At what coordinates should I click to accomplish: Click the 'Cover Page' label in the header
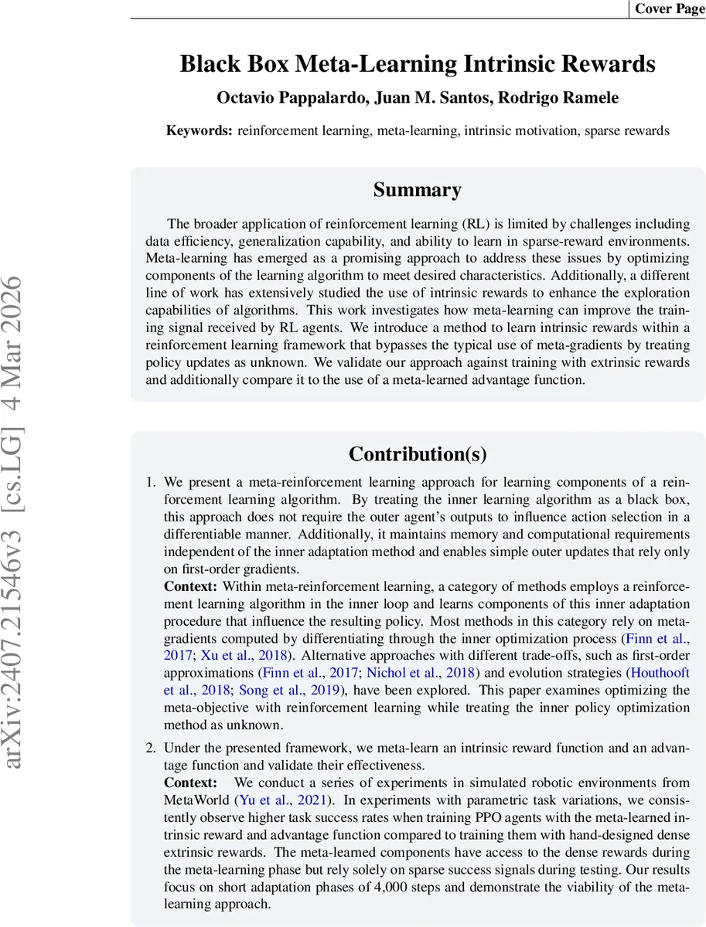tap(669, 9)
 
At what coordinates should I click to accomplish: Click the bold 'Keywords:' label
tap(200, 131)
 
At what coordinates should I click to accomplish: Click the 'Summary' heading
tap(417, 190)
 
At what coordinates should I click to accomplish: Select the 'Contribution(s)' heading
tap(417, 453)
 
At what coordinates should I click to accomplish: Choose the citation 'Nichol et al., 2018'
tap(404, 672)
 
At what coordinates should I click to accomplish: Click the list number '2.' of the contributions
tap(152, 748)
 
